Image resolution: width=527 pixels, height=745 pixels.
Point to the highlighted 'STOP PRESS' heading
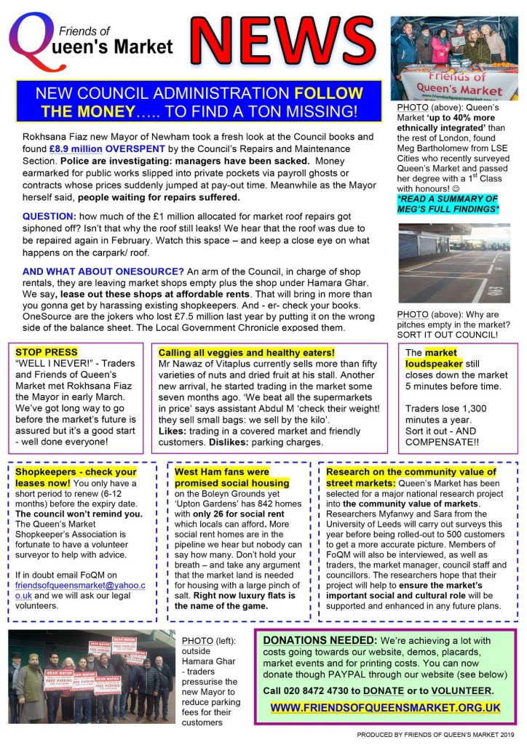45,351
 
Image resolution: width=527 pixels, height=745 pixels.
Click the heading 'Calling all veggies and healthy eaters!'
246,352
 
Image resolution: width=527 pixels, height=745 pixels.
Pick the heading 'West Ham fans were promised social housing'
220,477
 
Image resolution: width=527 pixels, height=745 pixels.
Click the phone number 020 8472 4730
325,690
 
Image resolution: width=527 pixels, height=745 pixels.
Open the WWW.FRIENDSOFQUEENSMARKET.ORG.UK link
385,706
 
